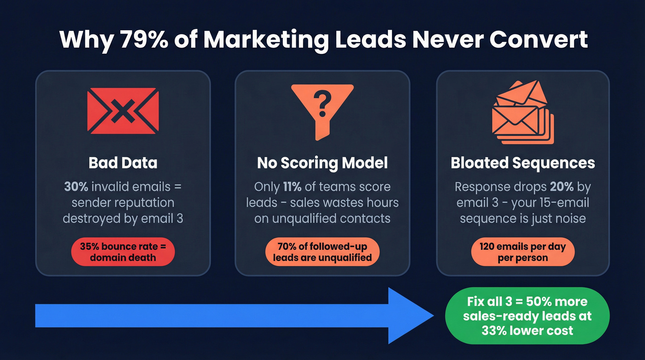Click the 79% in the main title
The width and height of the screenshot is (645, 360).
point(142,40)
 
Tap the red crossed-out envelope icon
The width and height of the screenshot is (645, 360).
point(123,111)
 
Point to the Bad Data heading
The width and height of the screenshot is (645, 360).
point(123,163)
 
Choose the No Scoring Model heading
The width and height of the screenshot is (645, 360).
point(322,163)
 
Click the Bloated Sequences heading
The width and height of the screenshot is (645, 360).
point(523,163)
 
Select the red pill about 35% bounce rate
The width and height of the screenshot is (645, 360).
point(123,252)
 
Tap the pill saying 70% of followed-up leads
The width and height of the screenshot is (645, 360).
point(322,252)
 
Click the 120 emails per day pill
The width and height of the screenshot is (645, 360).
point(523,252)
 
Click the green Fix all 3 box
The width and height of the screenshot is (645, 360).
point(527,316)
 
